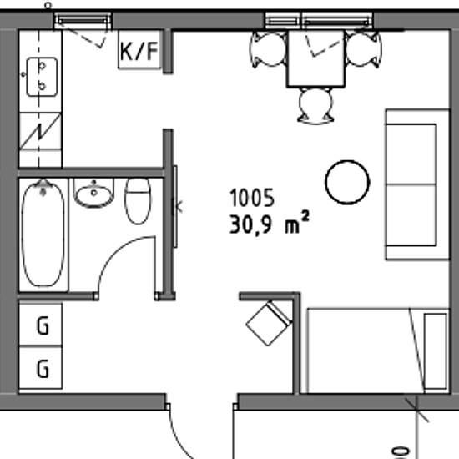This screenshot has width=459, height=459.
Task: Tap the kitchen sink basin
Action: [42, 77]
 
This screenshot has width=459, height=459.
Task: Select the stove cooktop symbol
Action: [40, 131]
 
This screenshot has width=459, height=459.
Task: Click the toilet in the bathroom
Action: [138, 201]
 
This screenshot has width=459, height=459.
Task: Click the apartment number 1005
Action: [252, 198]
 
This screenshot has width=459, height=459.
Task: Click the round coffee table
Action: [347, 182]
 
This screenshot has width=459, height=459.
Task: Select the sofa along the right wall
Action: [417, 184]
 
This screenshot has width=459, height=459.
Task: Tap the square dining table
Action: [315, 59]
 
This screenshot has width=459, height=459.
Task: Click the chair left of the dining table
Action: [269, 49]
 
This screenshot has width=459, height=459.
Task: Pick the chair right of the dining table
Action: [363, 49]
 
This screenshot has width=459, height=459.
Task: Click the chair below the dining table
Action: [315, 106]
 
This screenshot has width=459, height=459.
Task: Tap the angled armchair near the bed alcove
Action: [270, 323]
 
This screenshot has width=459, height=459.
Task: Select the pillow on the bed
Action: [436, 351]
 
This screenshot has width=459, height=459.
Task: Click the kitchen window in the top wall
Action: [83, 21]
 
